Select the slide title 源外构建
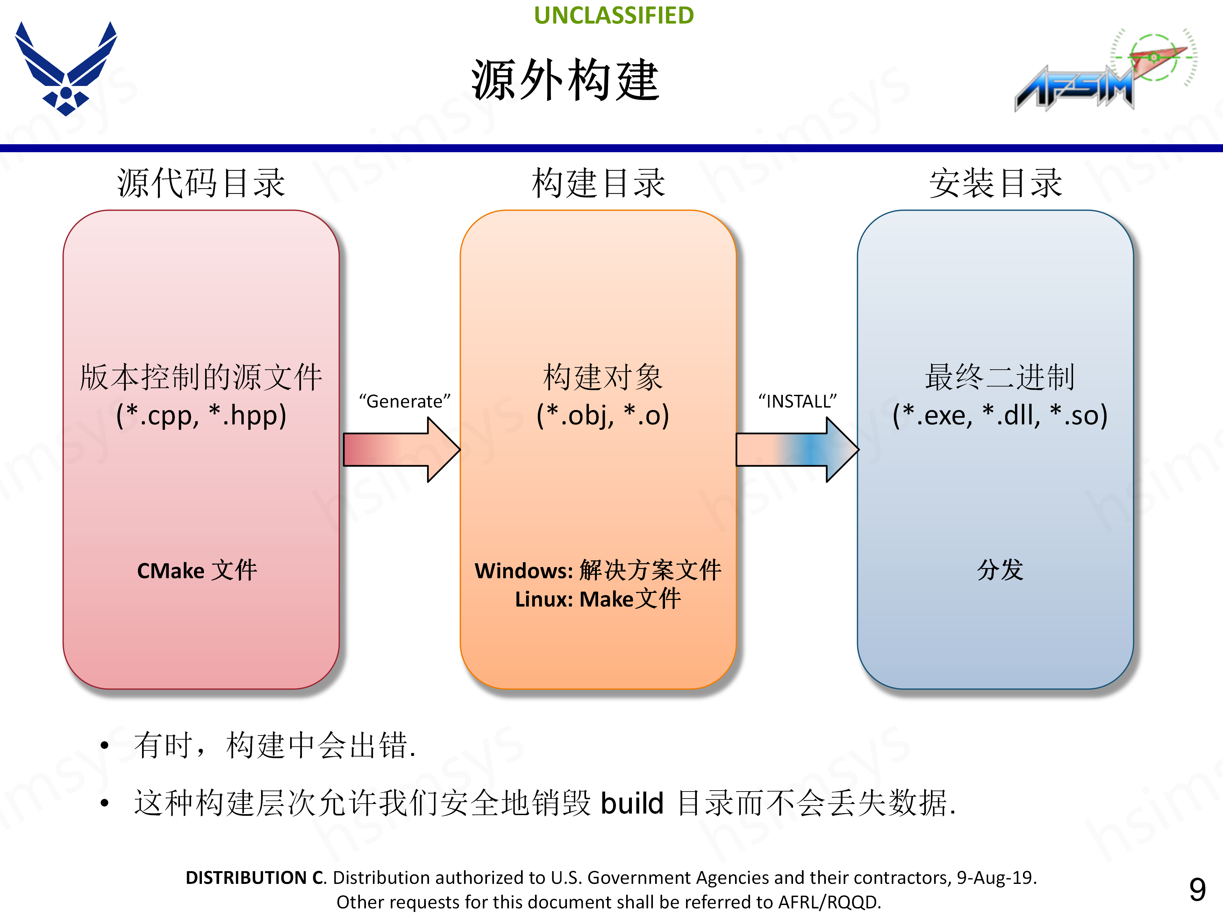pyautogui.click(x=565, y=81)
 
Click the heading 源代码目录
pyautogui.click(x=201, y=183)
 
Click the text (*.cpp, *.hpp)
pyautogui.click(x=201, y=415)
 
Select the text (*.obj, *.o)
pyautogui.click(x=603, y=415)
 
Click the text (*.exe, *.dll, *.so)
pyautogui.click(x=1000, y=415)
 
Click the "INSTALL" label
pyautogui.click(x=797, y=401)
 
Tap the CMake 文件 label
pyautogui.click(x=197, y=571)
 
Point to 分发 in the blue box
pyautogui.click(x=1000, y=569)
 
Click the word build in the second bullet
pyautogui.click(x=632, y=803)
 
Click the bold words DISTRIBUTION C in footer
pyautogui.click(x=255, y=878)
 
